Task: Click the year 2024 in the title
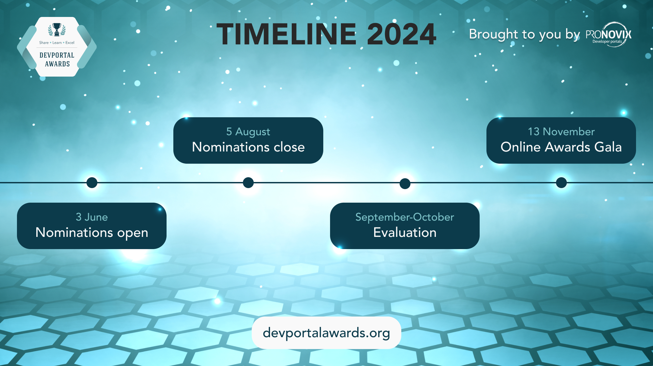tap(401, 34)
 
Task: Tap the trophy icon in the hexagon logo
tap(57, 29)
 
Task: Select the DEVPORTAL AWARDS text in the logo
tap(57, 60)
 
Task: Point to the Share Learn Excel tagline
tap(57, 43)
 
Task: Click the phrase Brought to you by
tap(524, 34)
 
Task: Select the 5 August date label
tap(248, 131)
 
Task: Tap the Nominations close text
tap(248, 147)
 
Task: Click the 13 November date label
tap(561, 131)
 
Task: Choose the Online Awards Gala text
tap(561, 147)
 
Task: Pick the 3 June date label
tap(92, 217)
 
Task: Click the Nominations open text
tap(92, 232)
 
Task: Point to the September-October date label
tap(405, 217)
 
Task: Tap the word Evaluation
tap(405, 232)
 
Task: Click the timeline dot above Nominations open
tap(92, 183)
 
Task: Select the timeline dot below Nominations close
tap(248, 183)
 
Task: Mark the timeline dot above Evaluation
tap(405, 183)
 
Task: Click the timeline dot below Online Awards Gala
tap(561, 183)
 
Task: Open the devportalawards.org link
tap(326, 333)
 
